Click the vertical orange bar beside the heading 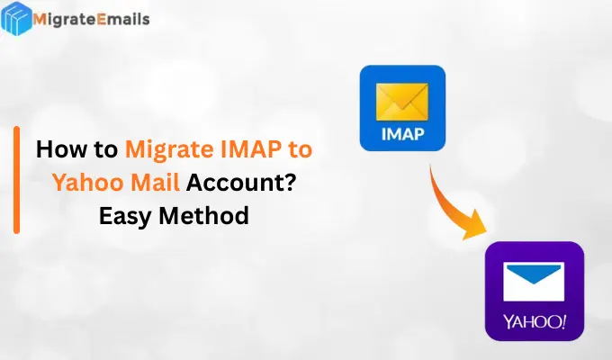point(16,180)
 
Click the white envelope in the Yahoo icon point(534,280)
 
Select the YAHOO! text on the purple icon point(535,319)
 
